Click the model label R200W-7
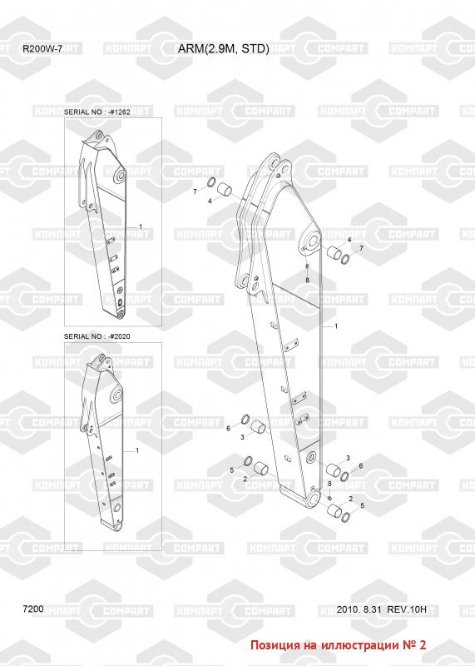click(42, 49)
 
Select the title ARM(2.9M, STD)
click(223, 49)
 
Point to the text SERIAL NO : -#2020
click(96, 336)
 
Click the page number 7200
click(33, 609)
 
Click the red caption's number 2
click(422, 644)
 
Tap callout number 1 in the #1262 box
click(141, 227)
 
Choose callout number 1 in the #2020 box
click(137, 450)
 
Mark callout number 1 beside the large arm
click(336, 326)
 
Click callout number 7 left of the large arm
click(195, 192)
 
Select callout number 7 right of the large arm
click(362, 248)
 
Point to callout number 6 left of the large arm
click(229, 428)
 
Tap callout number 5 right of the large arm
click(362, 505)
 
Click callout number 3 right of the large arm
click(348, 458)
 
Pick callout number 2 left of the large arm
click(245, 479)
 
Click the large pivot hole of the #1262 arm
click(120, 175)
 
